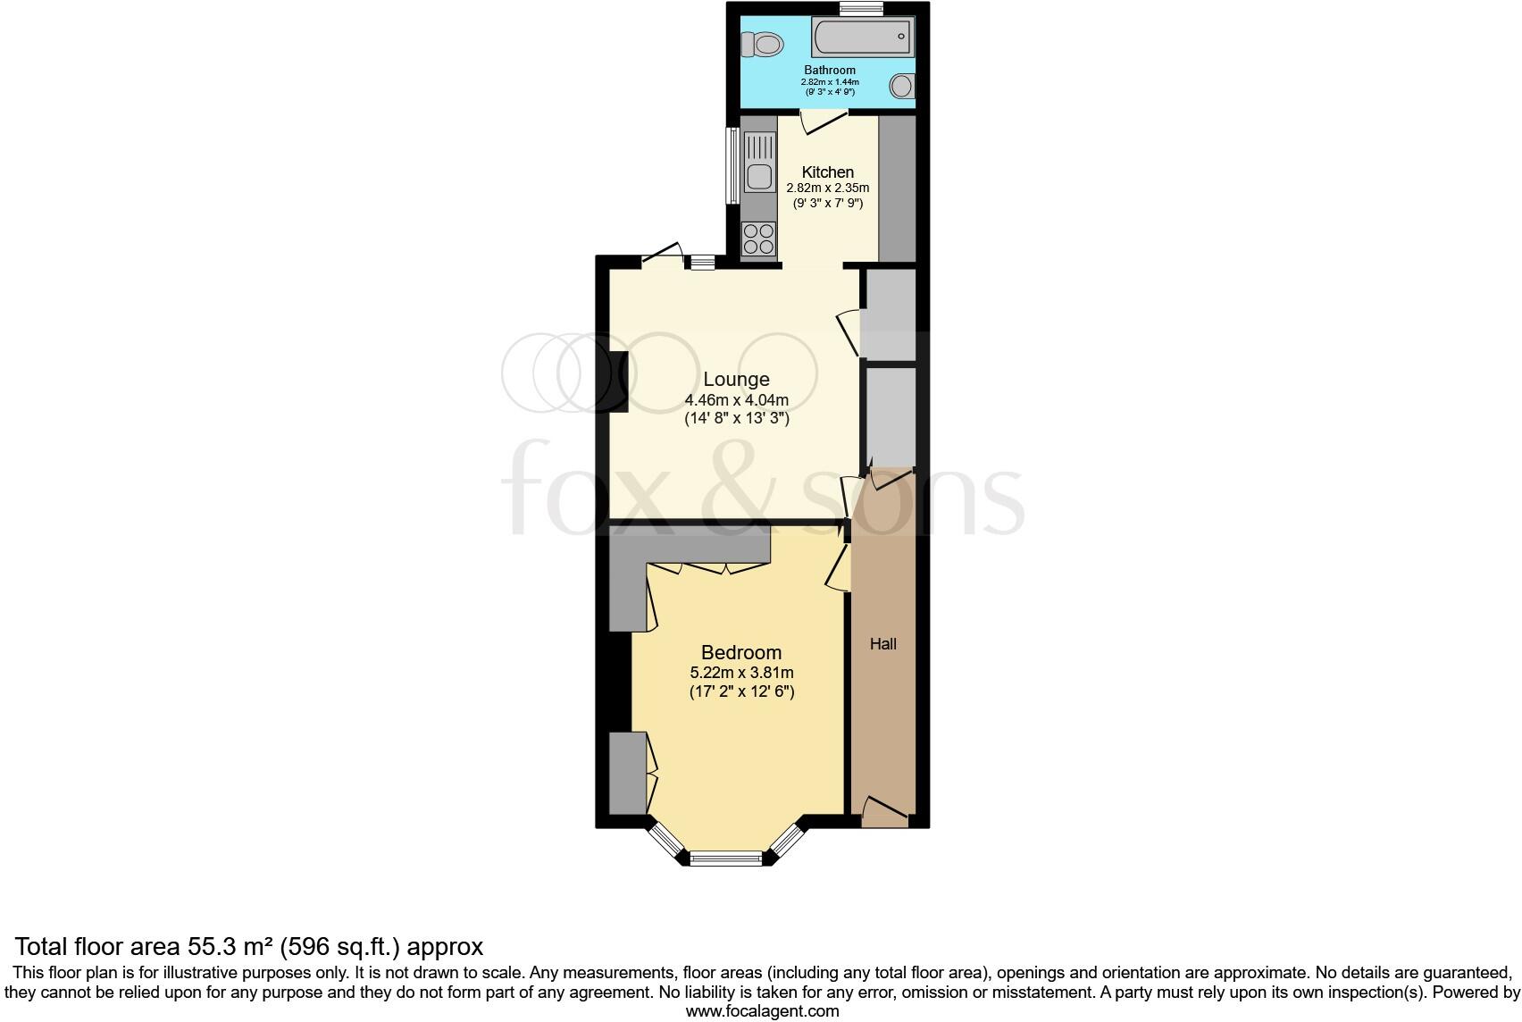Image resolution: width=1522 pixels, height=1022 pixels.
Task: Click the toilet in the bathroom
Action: (762, 42)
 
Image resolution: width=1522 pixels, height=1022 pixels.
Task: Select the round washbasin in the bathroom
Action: (902, 86)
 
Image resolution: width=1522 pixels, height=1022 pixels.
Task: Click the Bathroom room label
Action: (830, 70)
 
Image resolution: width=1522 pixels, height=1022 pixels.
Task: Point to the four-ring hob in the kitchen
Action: (758, 239)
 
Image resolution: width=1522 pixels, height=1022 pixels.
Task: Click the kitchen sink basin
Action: (760, 178)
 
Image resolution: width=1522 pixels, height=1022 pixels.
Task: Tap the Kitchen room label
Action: (827, 172)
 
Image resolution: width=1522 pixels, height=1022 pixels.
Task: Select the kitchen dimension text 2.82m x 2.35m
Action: (827, 188)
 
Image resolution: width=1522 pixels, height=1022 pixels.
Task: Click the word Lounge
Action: (736, 379)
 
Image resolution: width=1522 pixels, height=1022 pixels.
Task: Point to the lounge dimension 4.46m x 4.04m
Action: (736, 399)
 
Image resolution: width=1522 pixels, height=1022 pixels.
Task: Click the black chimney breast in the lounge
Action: (619, 381)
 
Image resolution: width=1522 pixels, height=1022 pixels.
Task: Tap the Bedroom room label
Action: (740, 652)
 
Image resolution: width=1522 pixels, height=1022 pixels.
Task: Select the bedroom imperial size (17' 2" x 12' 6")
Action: (741, 691)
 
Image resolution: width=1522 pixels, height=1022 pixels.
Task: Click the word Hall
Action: (882, 643)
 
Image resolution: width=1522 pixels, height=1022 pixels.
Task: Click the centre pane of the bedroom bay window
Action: (726, 859)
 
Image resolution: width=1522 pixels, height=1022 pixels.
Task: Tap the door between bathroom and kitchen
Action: (824, 121)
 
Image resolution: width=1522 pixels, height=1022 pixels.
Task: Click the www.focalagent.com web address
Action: (762, 1011)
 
